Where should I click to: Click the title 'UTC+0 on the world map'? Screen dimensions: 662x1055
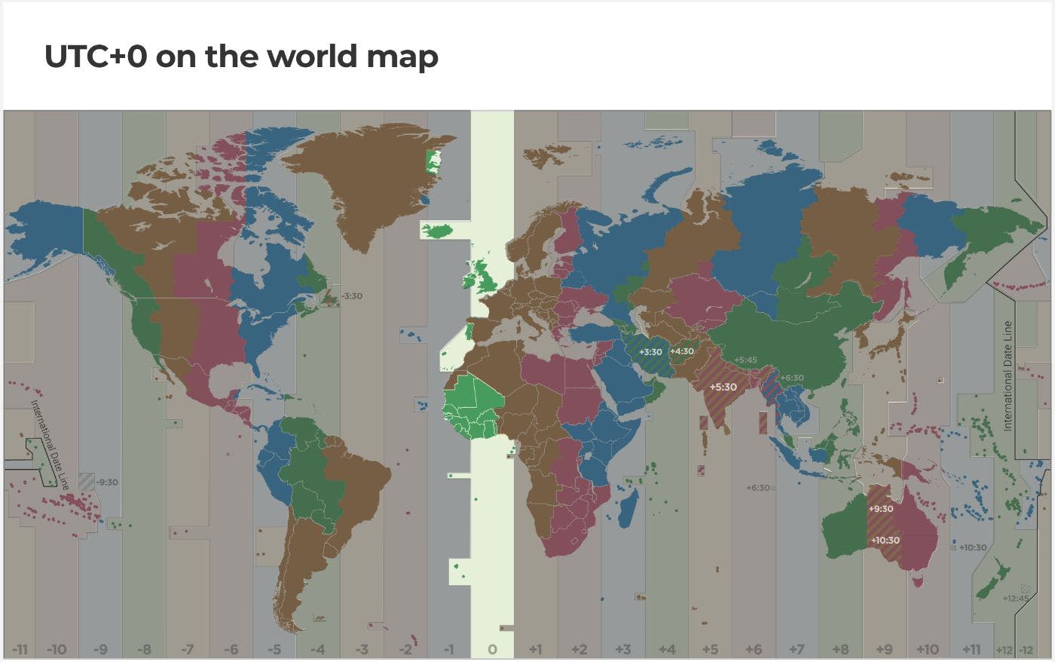click(x=241, y=57)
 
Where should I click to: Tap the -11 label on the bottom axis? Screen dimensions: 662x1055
click(x=20, y=649)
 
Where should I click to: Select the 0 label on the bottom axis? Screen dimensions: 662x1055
click(x=492, y=649)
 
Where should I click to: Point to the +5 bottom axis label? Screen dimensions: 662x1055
click(x=709, y=649)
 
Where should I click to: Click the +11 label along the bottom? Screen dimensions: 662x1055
click(x=971, y=649)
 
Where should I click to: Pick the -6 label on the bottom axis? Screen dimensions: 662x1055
click(x=231, y=649)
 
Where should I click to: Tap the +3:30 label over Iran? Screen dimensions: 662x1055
click(x=650, y=352)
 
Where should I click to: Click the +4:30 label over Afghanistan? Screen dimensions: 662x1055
click(x=682, y=351)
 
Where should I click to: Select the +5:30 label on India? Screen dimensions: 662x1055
click(x=723, y=387)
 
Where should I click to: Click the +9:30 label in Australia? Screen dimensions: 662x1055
click(x=880, y=509)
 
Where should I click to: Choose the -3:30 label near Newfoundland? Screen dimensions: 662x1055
click(x=350, y=296)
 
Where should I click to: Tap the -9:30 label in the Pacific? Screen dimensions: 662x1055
click(x=106, y=482)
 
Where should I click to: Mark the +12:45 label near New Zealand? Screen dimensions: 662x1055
click(x=1015, y=599)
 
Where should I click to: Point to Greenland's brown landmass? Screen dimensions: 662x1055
click(x=362, y=181)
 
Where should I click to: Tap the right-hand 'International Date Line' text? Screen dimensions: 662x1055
click(x=1008, y=376)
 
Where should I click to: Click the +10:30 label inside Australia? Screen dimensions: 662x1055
click(x=885, y=541)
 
